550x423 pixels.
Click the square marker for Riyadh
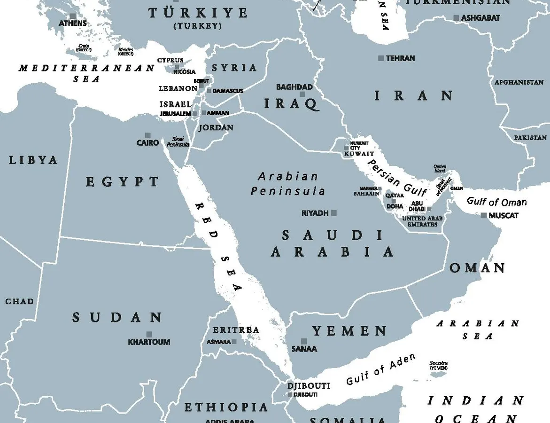coord(334,213)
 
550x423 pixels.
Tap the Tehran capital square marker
coord(381,58)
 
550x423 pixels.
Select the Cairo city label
coord(147,142)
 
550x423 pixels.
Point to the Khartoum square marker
coord(149,334)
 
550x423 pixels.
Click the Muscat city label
coord(504,215)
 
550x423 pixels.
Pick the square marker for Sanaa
coord(304,341)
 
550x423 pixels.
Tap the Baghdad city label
coord(294,87)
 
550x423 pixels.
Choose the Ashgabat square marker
coord(456,18)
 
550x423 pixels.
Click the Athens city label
coord(73,23)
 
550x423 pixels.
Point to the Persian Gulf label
coord(397,178)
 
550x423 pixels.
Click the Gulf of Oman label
coord(496,202)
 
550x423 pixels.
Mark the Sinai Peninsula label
coord(178,141)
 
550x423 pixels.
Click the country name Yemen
coord(350,331)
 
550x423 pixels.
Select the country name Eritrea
coord(236,330)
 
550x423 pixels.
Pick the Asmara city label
coord(219,342)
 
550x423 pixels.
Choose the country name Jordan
coord(216,127)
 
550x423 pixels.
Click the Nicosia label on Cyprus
coord(184,72)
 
